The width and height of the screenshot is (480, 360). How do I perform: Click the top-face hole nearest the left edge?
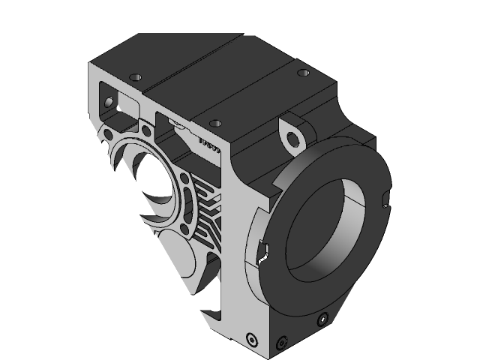point(136,77)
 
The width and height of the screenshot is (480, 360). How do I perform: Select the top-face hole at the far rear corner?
point(303,73)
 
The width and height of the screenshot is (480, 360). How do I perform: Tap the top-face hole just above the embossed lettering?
point(215,122)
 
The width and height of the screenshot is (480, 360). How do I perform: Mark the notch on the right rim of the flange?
point(385,199)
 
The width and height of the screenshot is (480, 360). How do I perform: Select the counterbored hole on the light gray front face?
point(250,338)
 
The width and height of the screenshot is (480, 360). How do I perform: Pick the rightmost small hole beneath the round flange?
point(322,319)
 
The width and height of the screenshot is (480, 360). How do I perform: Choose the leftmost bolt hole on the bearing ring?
point(109,134)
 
